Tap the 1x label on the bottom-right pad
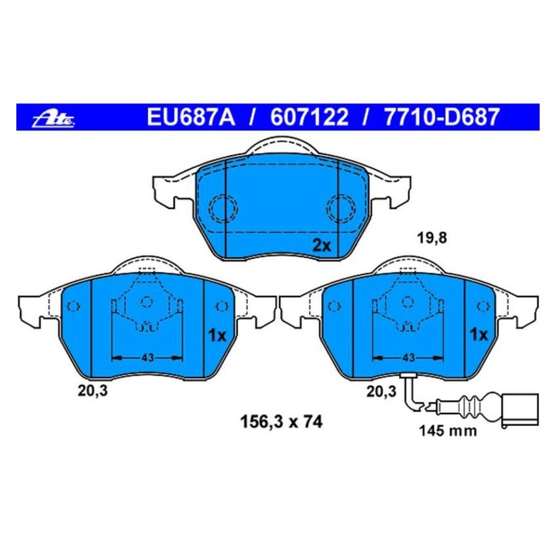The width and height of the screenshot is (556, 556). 479,335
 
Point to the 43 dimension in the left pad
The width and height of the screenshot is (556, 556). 147,357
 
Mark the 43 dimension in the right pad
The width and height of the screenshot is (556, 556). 408,357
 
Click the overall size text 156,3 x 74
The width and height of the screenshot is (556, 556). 279,422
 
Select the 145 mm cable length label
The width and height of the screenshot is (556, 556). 447,431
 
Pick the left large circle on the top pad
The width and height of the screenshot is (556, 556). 223,209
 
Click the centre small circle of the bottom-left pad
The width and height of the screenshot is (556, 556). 147,302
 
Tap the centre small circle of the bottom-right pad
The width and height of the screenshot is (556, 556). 408,302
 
